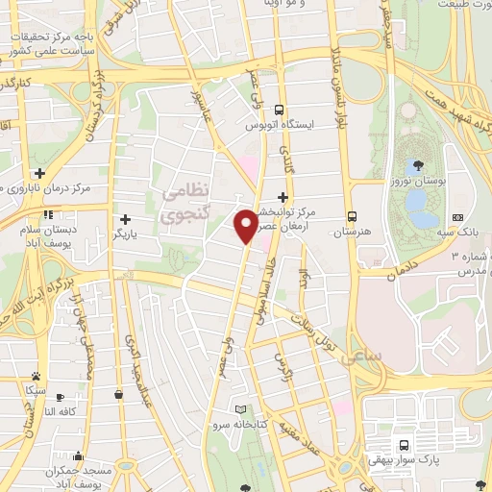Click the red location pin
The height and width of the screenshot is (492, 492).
[245, 224]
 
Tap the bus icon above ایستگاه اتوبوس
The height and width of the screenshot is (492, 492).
[279, 110]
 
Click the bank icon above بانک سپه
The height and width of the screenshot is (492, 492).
[457, 218]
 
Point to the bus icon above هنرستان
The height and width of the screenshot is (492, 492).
[353, 217]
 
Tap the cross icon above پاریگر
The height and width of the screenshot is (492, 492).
[125, 218]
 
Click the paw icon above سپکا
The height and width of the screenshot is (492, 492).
[36, 376]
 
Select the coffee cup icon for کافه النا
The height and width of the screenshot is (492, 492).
[60, 397]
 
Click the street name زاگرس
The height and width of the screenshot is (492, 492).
[283, 367]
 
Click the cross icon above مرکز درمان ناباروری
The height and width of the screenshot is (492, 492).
[39, 173]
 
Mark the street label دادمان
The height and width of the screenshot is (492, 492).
[405, 268]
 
